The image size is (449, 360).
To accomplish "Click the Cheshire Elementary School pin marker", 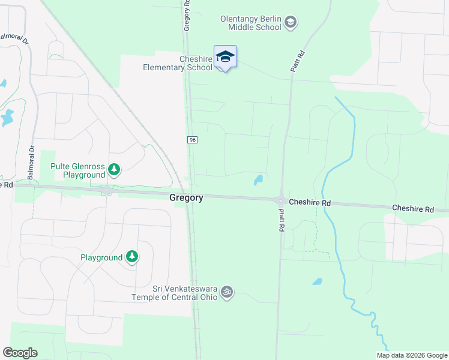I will coord(225,58).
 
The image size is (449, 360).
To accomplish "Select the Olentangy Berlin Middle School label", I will coord(250,23).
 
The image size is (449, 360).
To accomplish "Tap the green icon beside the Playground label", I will coord(132,257).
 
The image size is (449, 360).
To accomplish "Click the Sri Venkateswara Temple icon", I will coord(226,292).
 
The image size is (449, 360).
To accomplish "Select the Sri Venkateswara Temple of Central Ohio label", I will coord(175,292).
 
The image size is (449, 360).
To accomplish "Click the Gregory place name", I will coord(186,197).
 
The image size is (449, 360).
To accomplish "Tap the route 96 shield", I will coord(192,140).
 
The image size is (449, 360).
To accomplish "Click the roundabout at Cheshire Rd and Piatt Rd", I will coord(280,200).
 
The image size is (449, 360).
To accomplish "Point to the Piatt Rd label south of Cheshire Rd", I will coord(280,220).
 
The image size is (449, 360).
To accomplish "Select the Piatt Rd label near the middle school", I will coord(296,61).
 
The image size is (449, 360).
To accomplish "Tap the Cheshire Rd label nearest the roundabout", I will coord(310,203).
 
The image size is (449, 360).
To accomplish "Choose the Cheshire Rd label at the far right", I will coord(412,209).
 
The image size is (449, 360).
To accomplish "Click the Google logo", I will coord(20,353).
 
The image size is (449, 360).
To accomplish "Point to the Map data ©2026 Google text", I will coord(411,355).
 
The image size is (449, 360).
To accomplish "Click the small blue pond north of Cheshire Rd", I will coord(258,179).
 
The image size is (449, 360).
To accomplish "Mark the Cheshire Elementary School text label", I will coord(178,63).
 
